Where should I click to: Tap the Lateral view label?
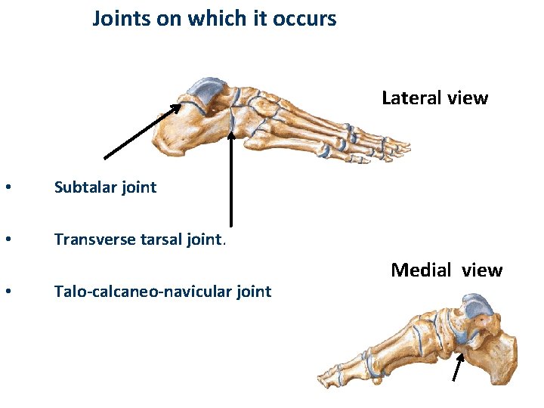click(434, 98)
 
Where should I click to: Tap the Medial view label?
click(446, 270)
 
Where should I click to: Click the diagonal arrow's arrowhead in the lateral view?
click(177, 107)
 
